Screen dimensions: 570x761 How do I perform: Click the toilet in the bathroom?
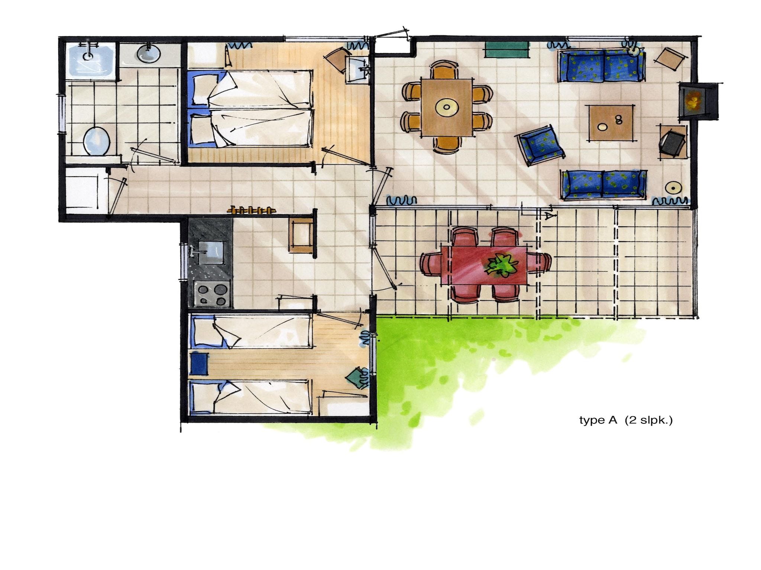tap(96, 141)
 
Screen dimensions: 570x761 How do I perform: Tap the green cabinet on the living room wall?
tap(507, 49)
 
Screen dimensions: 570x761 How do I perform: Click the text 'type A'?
tap(598, 420)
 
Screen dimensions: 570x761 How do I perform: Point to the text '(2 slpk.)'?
tap(649, 420)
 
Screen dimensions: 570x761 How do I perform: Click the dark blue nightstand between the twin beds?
tap(199, 364)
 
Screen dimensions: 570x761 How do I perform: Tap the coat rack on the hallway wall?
tap(252, 210)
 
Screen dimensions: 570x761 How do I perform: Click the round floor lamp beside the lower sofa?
tap(672, 188)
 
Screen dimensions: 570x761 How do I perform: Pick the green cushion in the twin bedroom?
tap(356, 378)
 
